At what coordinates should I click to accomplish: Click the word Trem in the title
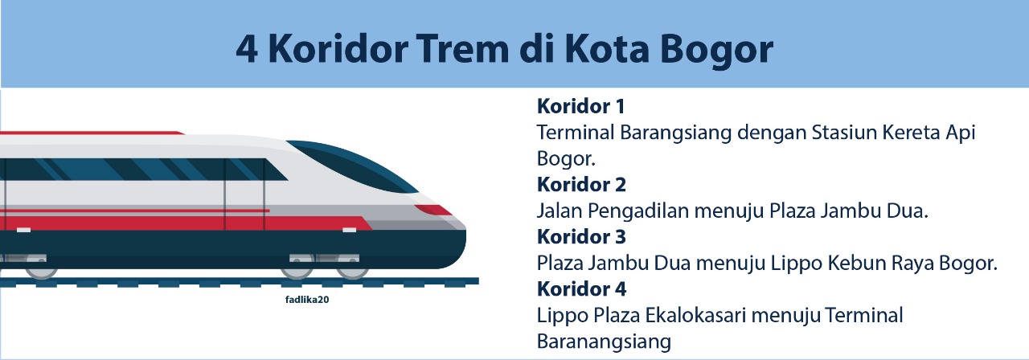(463, 49)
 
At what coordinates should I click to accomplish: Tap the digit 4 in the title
(246, 49)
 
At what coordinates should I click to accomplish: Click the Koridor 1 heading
(580, 106)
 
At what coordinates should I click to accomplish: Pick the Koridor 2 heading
(581, 185)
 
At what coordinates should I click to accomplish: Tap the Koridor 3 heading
(581, 237)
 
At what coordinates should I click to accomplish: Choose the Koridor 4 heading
(581, 289)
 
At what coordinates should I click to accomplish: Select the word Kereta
(912, 133)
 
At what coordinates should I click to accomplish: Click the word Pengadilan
(637, 211)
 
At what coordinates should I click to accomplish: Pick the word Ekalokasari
(697, 316)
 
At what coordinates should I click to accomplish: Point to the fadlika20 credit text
(307, 300)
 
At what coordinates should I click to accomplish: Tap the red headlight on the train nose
(433, 211)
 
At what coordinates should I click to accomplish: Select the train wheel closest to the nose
(352, 268)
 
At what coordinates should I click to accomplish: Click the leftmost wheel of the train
(41, 268)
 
